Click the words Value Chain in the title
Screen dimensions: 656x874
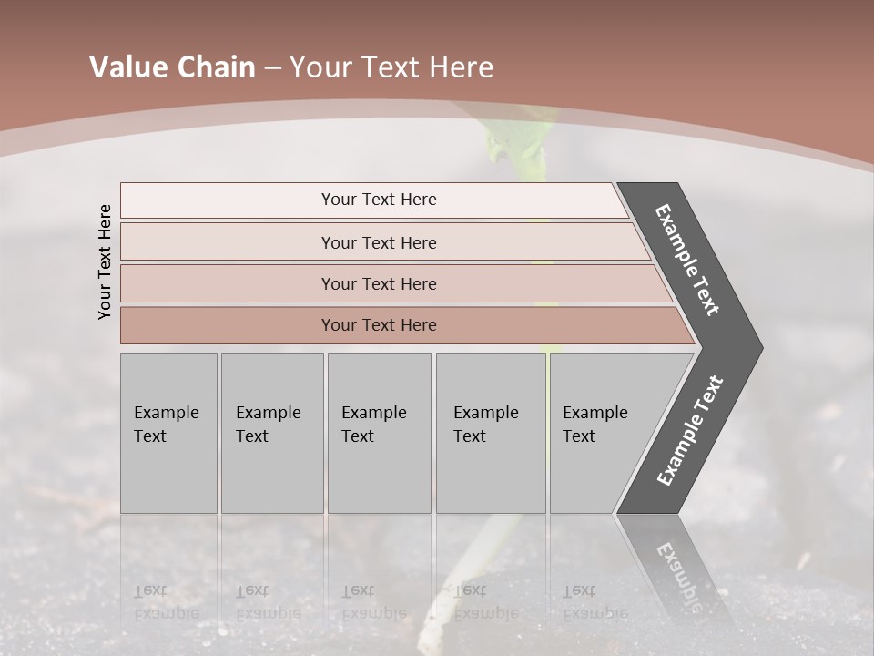[x=172, y=67]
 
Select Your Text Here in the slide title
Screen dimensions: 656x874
[x=391, y=67]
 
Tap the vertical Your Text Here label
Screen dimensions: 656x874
[x=105, y=261]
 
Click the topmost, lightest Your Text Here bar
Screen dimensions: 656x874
[x=378, y=200]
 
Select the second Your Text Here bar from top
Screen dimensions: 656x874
[x=378, y=242]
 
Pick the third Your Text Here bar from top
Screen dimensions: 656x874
[x=378, y=283]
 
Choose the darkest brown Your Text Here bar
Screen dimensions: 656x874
[x=378, y=325]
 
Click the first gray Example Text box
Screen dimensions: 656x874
[x=168, y=432]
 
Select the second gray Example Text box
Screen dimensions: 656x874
[x=271, y=432]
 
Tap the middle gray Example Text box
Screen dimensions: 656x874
[x=379, y=432]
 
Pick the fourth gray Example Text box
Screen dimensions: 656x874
[x=490, y=432]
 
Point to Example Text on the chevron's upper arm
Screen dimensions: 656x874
[x=687, y=260]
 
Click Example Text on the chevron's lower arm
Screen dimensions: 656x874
[x=690, y=431]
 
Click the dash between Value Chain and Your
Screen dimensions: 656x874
[x=272, y=67]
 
